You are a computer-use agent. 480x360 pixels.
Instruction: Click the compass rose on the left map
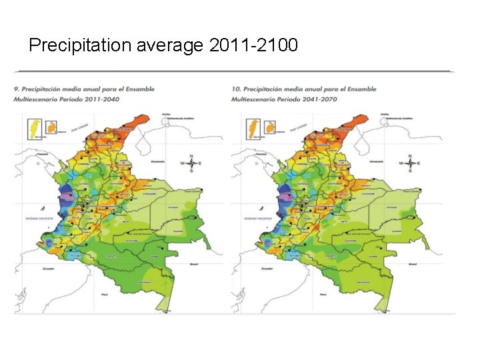(191, 163)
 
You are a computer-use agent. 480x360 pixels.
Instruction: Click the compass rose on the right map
(410, 163)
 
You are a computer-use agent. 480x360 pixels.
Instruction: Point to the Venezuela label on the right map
(376, 161)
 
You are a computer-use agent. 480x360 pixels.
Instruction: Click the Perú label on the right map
(323, 294)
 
